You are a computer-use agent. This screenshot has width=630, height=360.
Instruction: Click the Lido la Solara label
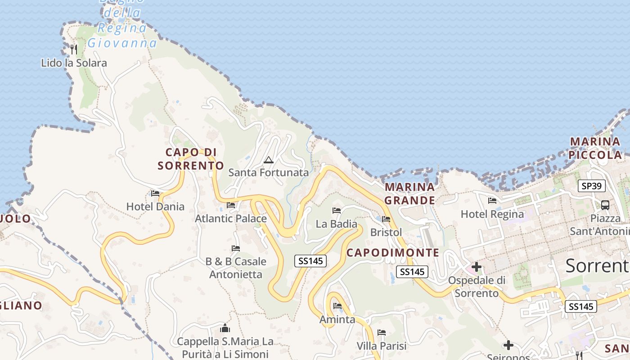pyautogui.click(x=74, y=63)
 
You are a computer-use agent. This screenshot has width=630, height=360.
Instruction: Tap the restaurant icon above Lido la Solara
pyautogui.click(x=74, y=49)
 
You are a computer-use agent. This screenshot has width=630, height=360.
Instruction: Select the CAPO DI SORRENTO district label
pyautogui.click(x=191, y=159)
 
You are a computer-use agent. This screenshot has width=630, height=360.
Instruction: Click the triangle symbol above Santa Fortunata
pyautogui.click(x=269, y=160)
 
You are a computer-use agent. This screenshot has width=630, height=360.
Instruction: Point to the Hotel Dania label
pyautogui.click(x=155, y=207)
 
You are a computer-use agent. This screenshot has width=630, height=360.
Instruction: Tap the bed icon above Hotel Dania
pyautogui.click(x=155, y=193)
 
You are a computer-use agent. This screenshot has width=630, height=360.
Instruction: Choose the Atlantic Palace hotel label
pyautogui.click(x=230, y=219)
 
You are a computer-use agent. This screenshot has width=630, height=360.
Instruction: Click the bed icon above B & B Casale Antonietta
pyautogui.click(x=235, y=248)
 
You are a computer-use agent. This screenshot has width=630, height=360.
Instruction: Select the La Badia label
pyautogui.click(x=336, y=224)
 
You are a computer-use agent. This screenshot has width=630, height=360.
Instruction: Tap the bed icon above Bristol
pyautogui.click(x=386, y=219)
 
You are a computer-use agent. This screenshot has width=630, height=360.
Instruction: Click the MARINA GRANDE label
pyautogui.click(x=409, y=193)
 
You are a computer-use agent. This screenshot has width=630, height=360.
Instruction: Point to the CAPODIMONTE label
pyautogui.click(x=392, y=252)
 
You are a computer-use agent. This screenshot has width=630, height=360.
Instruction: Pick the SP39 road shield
pyautogui.click(x=592, y=186)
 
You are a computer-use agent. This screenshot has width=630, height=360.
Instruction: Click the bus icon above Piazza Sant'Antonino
pyautogui.click(x=605, y=205)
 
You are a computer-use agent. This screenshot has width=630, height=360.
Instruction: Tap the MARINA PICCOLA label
pyautogui.click(x=595, y=148)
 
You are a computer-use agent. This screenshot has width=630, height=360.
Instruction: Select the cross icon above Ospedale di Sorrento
pyautogui.click(x=476, y=267)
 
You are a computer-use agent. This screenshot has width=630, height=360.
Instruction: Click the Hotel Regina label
pyautogui.click(x=492, y=214)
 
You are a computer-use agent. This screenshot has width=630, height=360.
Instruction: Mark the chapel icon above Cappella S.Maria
pyautogui.click(x=225, y=328)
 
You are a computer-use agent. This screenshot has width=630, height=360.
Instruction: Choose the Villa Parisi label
pyautogui.click(x=381, y=346)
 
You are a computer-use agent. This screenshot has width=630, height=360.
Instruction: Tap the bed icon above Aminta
pyautogui.click(x=337, y=306)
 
